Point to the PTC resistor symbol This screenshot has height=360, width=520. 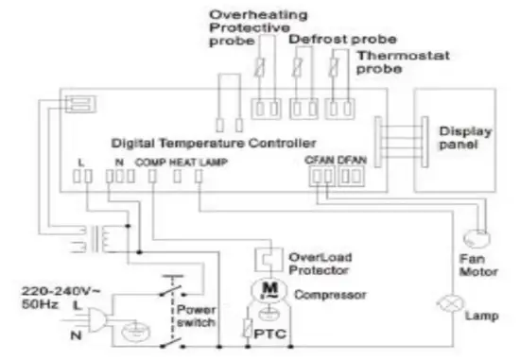pyautogui.click(x=248, y=330)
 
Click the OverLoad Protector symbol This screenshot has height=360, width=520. pyautogui.click(x=268, y=257)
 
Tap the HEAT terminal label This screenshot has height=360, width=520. pyautogui.click(x=182, y=162)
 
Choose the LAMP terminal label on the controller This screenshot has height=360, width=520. pyautogui.click(x=214, y=162)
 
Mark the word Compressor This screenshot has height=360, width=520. pyautogui.click(x=328, y=294)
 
